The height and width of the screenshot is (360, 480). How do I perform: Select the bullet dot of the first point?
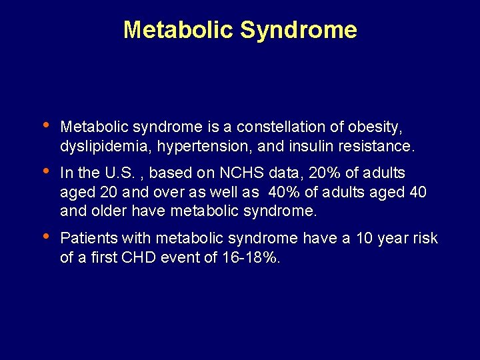44,125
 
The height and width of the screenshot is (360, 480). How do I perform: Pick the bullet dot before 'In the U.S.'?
44,172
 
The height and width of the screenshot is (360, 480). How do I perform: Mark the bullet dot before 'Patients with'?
44,237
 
